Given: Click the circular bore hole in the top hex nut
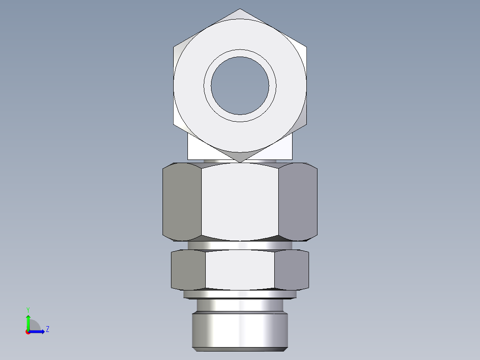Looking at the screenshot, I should click(240, 85).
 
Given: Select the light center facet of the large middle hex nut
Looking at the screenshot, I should click(240, 201).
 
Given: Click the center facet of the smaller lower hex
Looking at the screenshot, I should click(240, 270).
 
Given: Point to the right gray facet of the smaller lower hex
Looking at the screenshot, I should click(292, 270).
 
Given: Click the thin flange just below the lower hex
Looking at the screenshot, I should click(240, 294).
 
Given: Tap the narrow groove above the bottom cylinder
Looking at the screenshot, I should click(240, 305).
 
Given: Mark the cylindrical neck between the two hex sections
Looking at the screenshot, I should click(240, 245).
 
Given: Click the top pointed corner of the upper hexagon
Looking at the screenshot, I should click(240, 10).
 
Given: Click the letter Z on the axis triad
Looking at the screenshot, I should click(47, 329).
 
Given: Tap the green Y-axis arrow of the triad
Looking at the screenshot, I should click(28, 322).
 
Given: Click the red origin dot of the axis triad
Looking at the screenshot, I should click(28, 331).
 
